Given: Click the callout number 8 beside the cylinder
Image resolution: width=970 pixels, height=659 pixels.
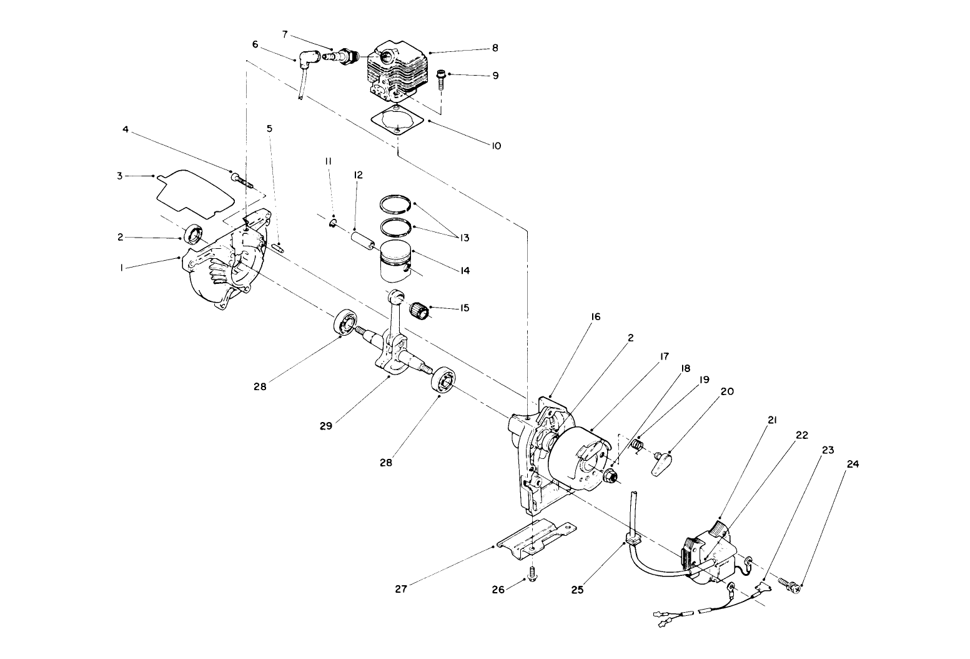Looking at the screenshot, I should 495,48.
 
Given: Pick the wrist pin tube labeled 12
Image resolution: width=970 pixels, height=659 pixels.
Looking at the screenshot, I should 364,241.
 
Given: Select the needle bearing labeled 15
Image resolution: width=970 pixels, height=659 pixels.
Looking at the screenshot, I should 418,309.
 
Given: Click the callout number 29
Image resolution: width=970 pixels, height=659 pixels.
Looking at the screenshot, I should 325,426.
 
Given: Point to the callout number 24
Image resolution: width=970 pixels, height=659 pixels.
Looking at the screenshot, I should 853,465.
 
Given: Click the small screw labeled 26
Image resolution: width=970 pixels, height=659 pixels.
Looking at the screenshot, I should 532,573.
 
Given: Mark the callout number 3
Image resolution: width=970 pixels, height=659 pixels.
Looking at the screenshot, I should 120,176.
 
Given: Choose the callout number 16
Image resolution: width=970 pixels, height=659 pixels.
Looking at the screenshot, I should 595,317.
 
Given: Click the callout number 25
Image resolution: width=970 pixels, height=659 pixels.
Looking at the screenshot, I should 577,589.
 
